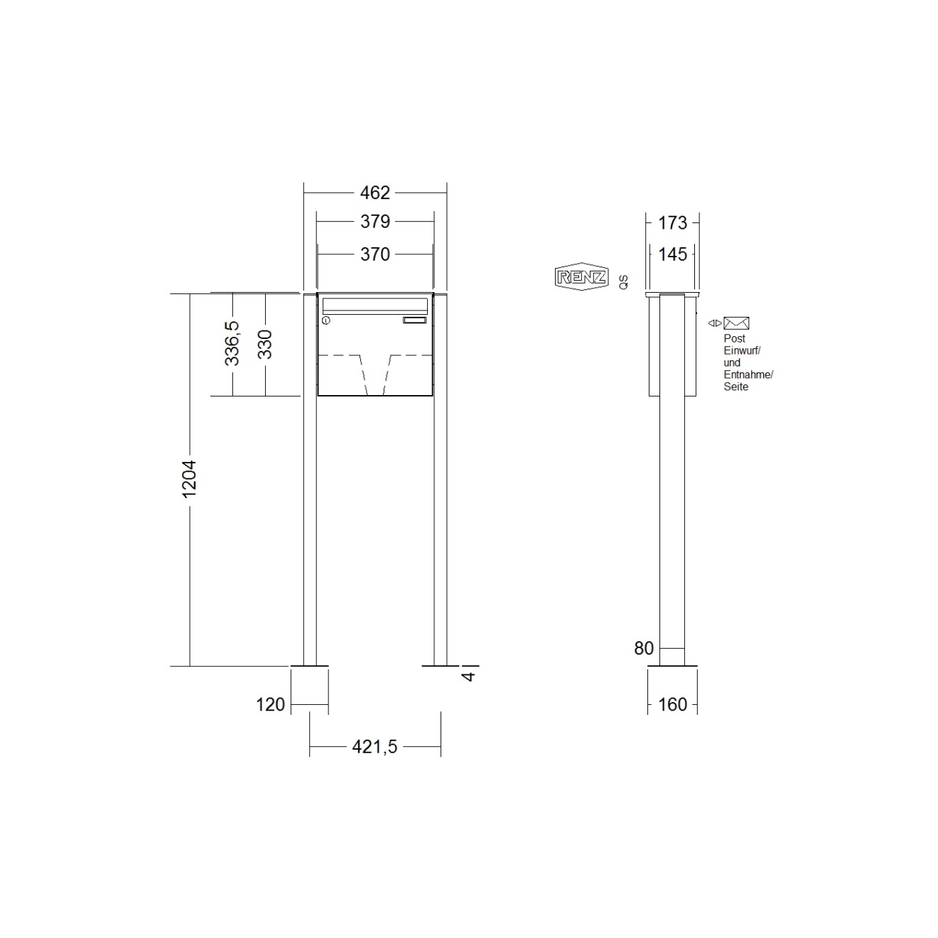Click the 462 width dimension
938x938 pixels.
[x=375, y=193]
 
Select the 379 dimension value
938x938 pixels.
[x=375, y=222]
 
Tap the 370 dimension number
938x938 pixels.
[x=375, y=254]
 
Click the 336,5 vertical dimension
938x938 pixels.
[x=232, y=343]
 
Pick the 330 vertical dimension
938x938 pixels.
[x=265, y=345]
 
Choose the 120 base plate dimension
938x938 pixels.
[x=270, y=704]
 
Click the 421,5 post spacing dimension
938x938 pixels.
[x=374, y=747]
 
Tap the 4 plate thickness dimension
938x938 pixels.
[x=468, y=676]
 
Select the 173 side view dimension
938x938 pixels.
[x=672, y=223]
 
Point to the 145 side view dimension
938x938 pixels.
[x=672, y=254]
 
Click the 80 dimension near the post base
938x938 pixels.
[x=644, y=648]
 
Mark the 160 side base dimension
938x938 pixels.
[x=672, y=704]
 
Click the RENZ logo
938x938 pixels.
[x=581, y=276]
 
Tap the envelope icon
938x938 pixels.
[x=736, y=323]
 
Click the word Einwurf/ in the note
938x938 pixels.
[x=742, y=350]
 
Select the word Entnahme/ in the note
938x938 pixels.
[x=748, y=374]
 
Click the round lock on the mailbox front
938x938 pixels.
[x=326, y=321]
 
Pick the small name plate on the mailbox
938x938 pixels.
[x=414, y=320]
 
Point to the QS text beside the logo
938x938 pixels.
[x=624, y=281]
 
